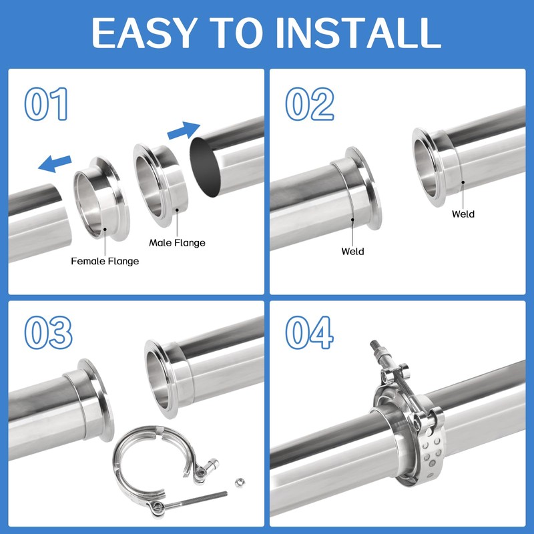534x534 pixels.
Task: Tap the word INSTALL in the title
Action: pyautogui.click(x=358, y=32)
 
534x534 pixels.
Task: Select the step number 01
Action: pyautogui.click(x=46, y=103)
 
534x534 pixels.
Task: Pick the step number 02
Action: pyautogui.click(x=309, y=103)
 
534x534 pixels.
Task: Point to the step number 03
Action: pyautogui.click(x=48, y=332)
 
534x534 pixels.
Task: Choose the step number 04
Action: pyautogui.click(x=309, y=332)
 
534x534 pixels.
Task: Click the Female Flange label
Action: pyautogui.click(x=105, y=261)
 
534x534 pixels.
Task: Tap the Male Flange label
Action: pyautogui.click(x=177, y=243)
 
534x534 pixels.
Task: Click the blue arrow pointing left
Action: pyautogui.click(x=55, y=163)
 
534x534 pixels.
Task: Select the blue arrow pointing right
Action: pyautogui.click(x=184, y=130)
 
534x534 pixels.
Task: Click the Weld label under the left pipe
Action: pyautogui.click(x=352, y=252)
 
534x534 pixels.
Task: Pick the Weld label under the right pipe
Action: pyautogui.click(x=463, y=214)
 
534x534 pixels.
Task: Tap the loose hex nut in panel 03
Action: pyautogui.click(x=240, y=482)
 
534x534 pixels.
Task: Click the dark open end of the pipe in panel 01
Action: pyautogui.click(x=205, y=168)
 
